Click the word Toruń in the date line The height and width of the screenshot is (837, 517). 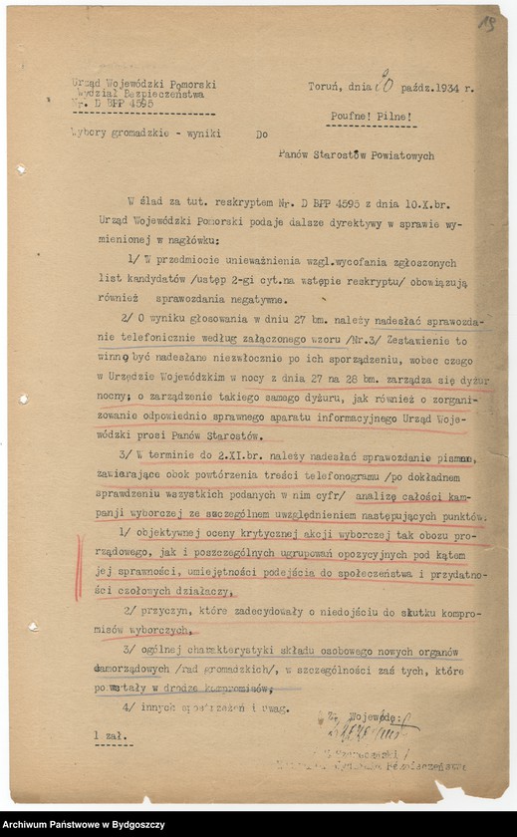coord(326,88)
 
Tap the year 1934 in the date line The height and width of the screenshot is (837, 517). coord(447,88)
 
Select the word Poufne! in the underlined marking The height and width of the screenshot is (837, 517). coord(356,117)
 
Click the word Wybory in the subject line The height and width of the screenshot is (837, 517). coord(92,133)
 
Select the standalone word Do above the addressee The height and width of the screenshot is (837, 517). coord(262,134)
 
